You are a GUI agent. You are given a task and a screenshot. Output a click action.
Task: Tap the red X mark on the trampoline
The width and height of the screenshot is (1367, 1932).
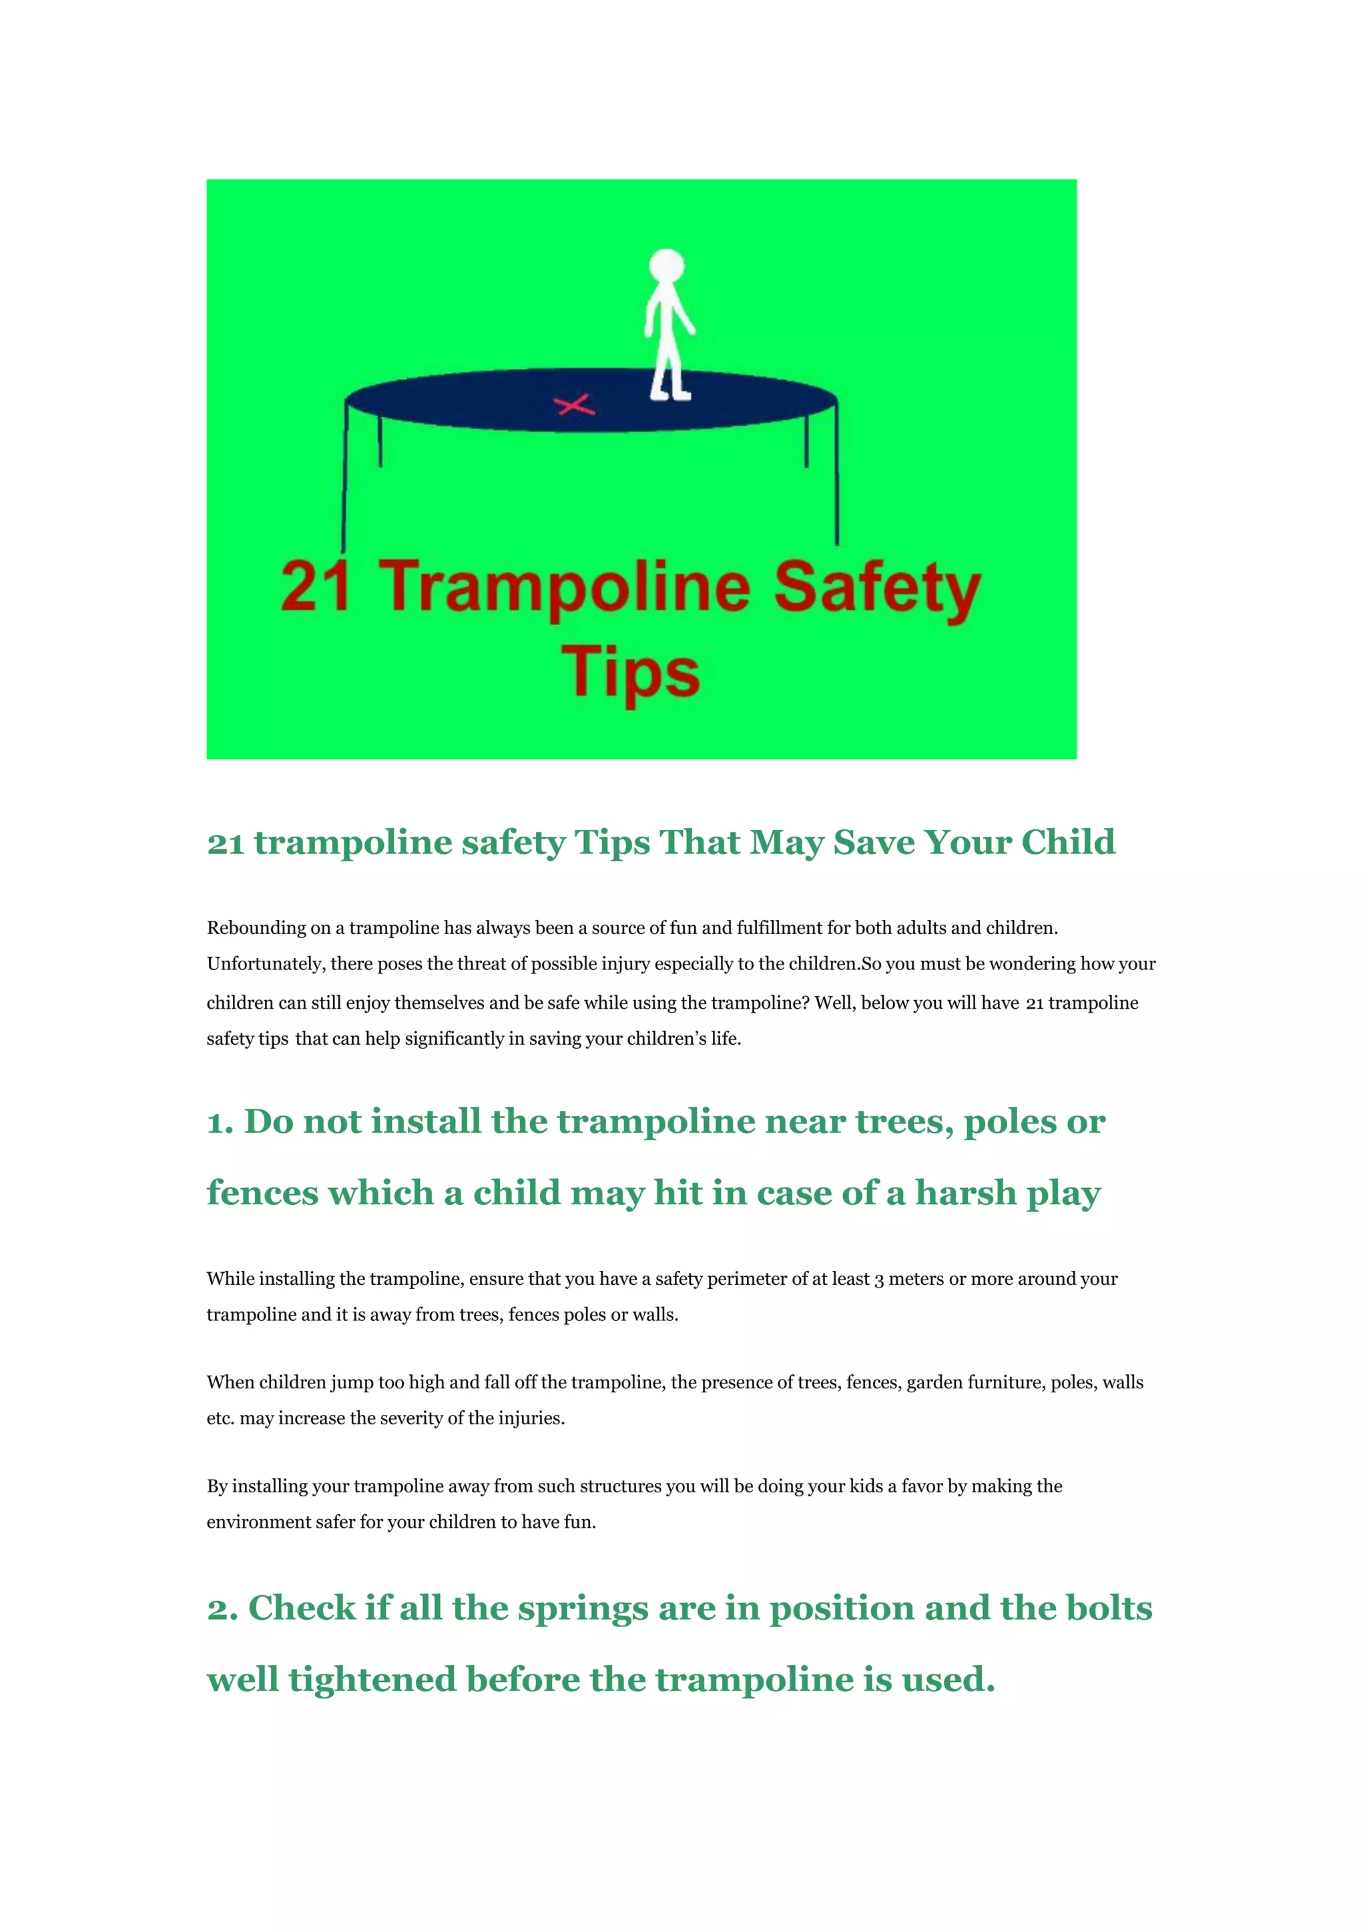pyautogui.click(x=575, y=406)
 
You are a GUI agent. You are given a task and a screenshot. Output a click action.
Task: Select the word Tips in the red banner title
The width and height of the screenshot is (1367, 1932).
pyautogui.click(x=631, y=673)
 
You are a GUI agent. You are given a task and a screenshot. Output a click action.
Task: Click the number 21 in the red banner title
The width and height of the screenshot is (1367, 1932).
pyautogui.click(x=315, y=586)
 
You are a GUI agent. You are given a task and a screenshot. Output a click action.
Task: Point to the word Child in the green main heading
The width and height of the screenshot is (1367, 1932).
pyautogui.click(x=1067, y=843)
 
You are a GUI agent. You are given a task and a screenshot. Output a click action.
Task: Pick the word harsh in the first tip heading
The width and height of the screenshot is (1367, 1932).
pyautogui.click(x=965, y=1194)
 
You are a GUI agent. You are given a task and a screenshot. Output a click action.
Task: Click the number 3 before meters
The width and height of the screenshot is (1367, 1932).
pyautogui.click(x=879, y=1280)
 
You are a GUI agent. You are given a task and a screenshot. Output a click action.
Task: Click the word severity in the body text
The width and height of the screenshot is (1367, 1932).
pyautogui.click(x=433, y=1418)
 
